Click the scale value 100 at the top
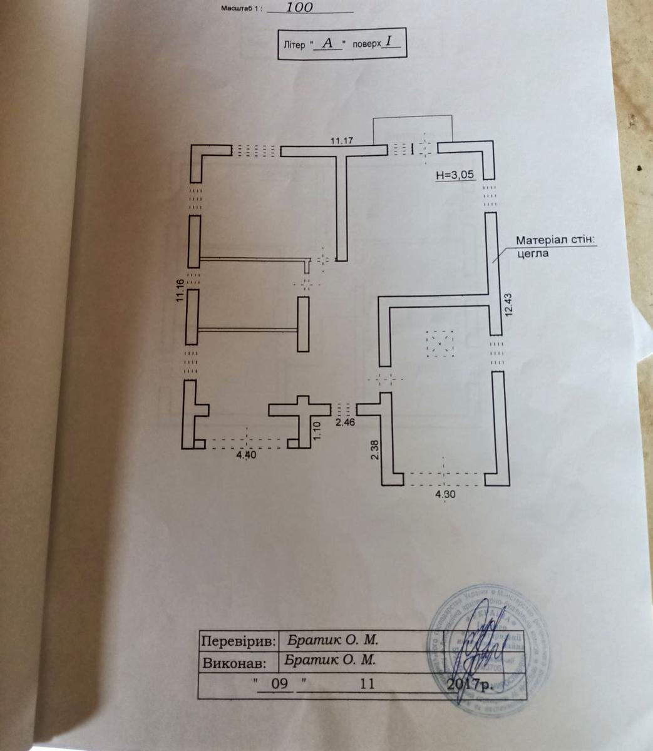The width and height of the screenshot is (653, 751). [299, 8]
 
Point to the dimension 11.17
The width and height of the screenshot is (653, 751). [342, 141]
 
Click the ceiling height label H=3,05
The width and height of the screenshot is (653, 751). [456, 176]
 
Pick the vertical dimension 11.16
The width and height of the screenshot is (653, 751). [180, 290]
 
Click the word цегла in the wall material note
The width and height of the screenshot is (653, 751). [532, 253]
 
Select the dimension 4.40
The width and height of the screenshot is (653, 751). [246, 456]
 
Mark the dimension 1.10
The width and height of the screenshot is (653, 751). [316, 431]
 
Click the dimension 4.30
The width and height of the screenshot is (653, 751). [443, 493]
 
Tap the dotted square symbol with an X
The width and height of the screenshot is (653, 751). [440, 343]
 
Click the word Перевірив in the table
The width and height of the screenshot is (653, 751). [239, 641]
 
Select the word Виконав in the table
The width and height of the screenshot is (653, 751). [239, 663]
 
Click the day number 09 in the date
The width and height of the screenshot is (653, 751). [279, 683]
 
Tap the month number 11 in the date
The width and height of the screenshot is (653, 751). [366, 683]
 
